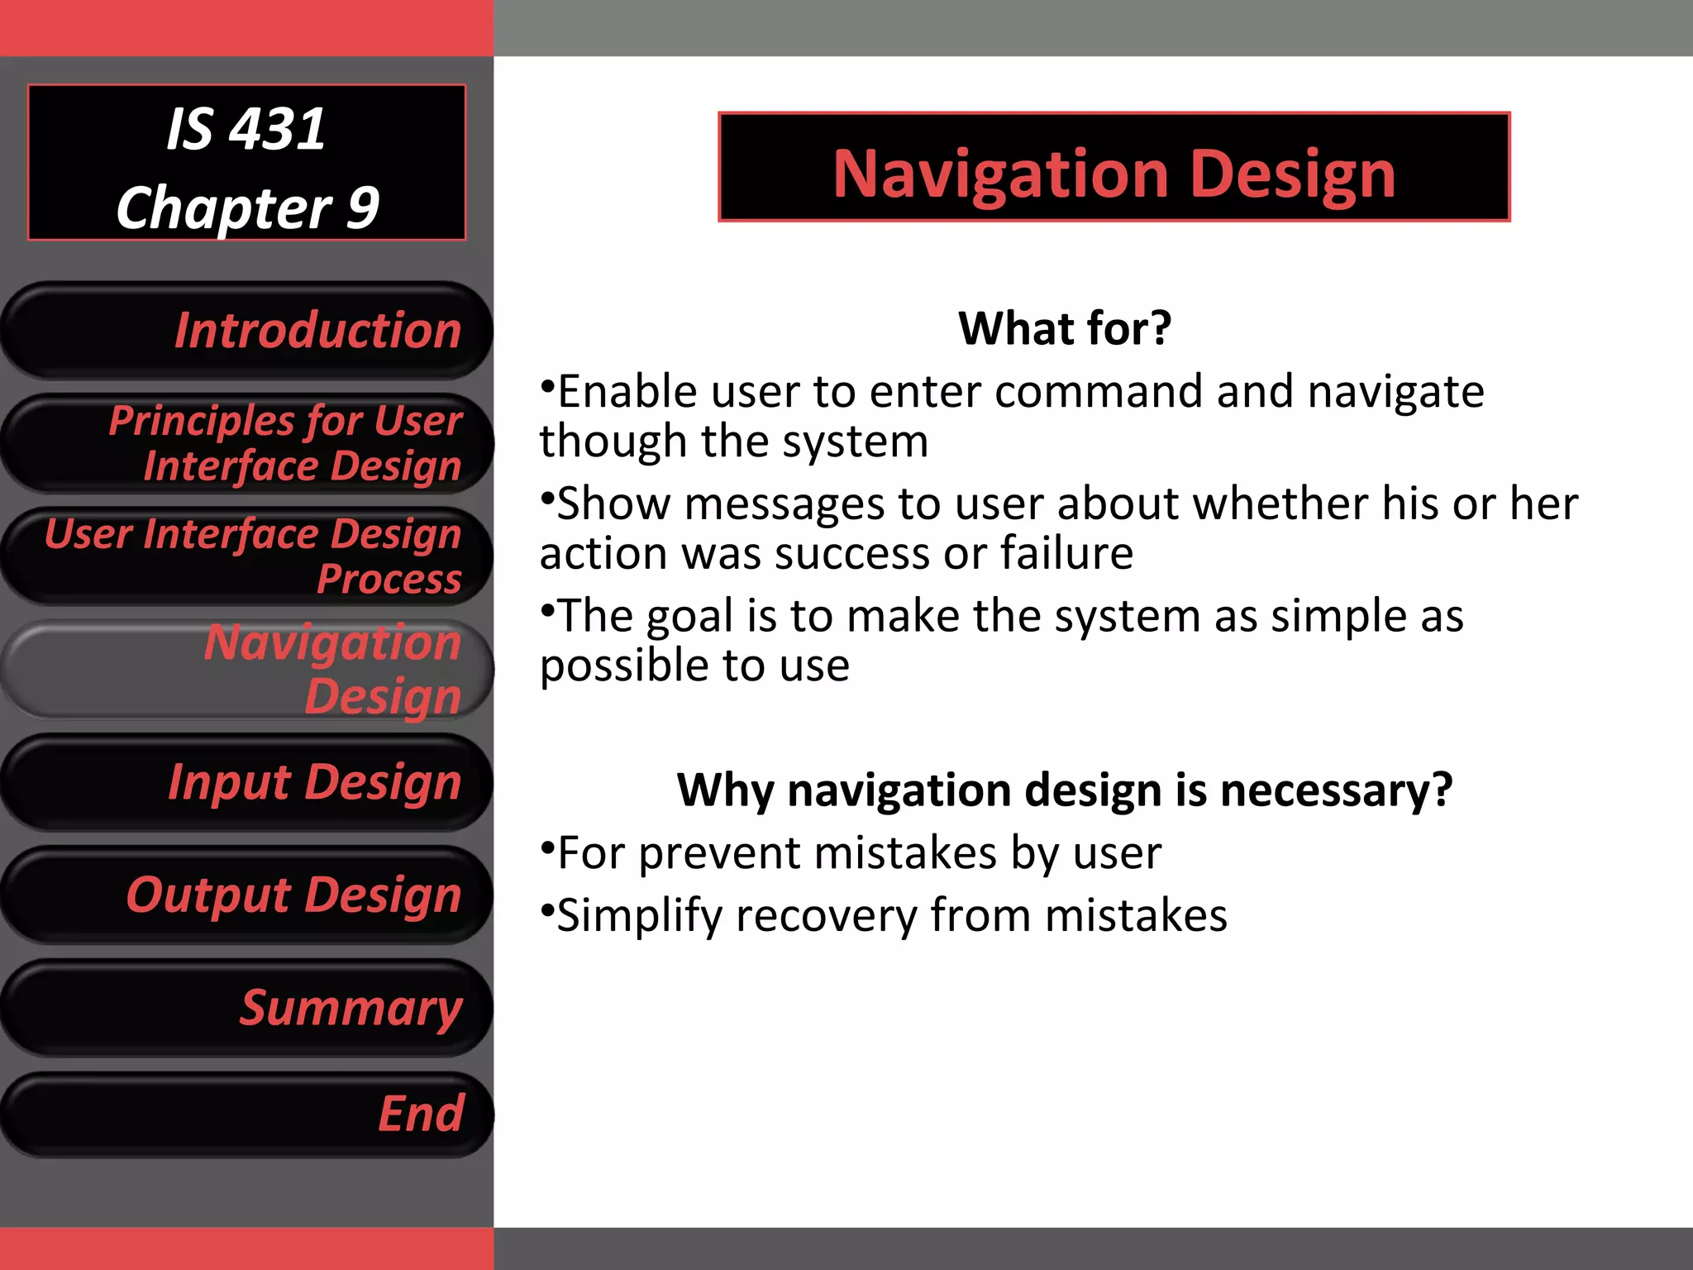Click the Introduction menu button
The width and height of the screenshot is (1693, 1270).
[x=248, y=331]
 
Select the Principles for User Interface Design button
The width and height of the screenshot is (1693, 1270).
[x=248, y=444]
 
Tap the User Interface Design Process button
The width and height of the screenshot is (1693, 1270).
[x=248, y=556]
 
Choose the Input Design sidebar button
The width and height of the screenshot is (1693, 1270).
[x=248, y=782]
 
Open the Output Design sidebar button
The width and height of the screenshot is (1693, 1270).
[x=248, y=895]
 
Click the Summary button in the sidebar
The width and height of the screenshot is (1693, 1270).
[x=248, y=1008]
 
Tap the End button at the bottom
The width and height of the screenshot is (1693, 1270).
[x=248, y=1115]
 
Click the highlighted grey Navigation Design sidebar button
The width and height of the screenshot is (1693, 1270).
[x=248, y=669]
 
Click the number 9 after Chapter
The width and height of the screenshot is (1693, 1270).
[x=362, y=208]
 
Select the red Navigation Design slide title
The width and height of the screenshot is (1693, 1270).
[x=1114, y=174]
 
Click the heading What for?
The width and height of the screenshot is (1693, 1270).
[x=1065, y=328]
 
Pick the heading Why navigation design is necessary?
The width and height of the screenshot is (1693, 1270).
[x=1065, y=790]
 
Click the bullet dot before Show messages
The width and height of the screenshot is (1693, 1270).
[x=546, y=497]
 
